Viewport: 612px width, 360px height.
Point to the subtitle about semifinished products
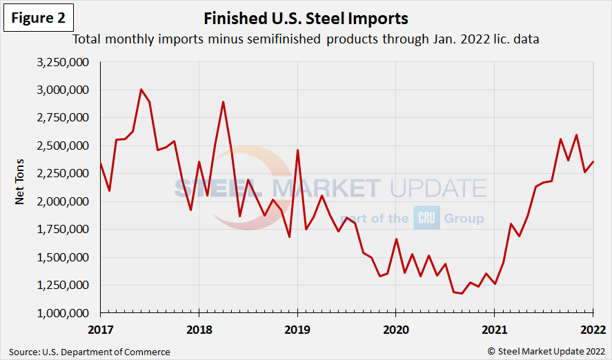(x=306, y=39)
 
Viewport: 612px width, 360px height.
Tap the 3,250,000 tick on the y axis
(x=66, y=62)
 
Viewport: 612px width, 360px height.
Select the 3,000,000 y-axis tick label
(x=66, y=90)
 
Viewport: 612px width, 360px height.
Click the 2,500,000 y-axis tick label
(x=66, y=146)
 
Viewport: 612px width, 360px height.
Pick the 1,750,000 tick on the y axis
(x=66, y=230)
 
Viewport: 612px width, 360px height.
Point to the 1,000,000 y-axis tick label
(x=66, y=313)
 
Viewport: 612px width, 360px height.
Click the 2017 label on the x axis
(x=100, y=328)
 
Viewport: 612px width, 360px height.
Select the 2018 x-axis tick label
(x=199, y=328)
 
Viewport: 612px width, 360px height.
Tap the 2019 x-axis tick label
(x=297, y=328)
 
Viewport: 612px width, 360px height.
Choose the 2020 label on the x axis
(x=395, y=328)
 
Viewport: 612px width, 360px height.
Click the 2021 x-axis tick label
(x=494, y=328)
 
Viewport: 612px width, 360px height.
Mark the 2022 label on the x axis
(x=592, y=328)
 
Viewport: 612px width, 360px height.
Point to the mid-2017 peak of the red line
(x=141, y=90)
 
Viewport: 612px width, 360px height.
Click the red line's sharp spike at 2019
(x=297, y=150)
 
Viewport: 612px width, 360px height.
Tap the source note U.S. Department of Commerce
(x=90, y=352)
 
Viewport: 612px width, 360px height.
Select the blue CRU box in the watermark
(x=426, y=218)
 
